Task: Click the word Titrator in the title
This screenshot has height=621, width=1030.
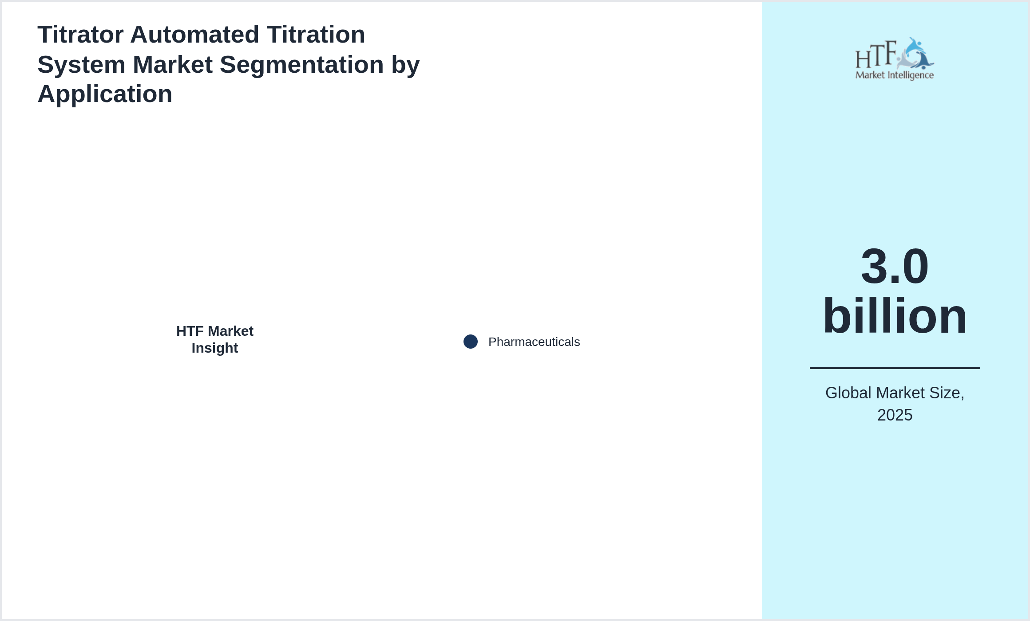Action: click(x=80, y=35)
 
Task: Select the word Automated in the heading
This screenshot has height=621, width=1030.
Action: click(x=194, y=35)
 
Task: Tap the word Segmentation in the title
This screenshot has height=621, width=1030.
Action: click(x=302, y=65)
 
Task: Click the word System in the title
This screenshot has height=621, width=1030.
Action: click(x=82, y=65)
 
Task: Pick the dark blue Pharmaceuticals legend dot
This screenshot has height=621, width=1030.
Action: click(x=471, y=342)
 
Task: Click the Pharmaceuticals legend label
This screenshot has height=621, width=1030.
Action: click(x=534, y=342)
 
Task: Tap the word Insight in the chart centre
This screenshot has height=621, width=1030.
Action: click(x=215, y=348)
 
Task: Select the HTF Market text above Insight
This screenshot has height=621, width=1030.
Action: click(x=215, y=331)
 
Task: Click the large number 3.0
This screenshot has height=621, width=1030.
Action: click(x=895, y=266)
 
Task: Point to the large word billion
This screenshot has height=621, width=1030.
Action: click(x=895, y=316)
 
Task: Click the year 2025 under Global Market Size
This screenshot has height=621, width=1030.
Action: click(x=895, y=415)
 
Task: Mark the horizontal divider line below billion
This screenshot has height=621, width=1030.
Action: click(x=895, y=368)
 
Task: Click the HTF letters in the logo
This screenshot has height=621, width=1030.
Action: click(x=876, y=55)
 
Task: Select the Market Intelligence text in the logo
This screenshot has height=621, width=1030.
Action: click(x=895, y=75)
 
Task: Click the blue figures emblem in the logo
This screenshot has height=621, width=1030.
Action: click(x=915, y=54)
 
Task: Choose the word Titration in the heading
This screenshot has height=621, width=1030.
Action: click(x=316, y=35)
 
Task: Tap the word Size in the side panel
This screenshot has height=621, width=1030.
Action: click(x=949, y=393)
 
